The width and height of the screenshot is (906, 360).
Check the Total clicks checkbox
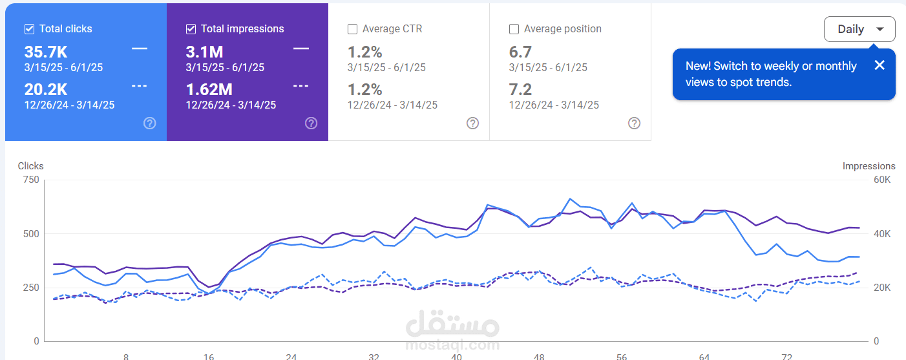[x=29, y=29]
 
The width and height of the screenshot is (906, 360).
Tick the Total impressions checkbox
[x=191, y=29]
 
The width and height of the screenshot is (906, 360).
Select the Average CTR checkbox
[x=352, y=29]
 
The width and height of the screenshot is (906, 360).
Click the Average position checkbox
[x=514, y=29]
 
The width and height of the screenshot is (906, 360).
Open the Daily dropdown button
[x=859, y=29]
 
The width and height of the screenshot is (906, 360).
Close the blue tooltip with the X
[x=879, y=65]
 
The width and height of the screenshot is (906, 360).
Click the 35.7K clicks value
[x=46, y=52]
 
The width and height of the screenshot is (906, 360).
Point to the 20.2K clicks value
[x=46, y=90]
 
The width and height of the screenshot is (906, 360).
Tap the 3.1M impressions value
[x=204, y=52]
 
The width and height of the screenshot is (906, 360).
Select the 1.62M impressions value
[x=209, y=90]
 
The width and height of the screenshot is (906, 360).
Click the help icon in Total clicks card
[x=150, y=123]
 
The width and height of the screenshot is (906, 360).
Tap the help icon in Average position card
[x=634, y=123]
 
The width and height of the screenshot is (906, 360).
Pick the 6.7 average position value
[x=520, y=52]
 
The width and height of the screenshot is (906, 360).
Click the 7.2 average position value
[x=520, y=90]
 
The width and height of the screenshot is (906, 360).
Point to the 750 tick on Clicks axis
[x=30, y=180]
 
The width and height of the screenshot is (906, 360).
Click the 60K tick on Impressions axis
[x=882, y=180]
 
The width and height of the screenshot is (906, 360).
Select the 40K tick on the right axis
[x=882, y=233]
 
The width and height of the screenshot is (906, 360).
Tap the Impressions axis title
[x=869, y=166]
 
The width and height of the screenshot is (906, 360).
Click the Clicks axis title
[x=31, y=166]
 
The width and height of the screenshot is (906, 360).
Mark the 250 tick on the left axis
[x=30, y=288]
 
